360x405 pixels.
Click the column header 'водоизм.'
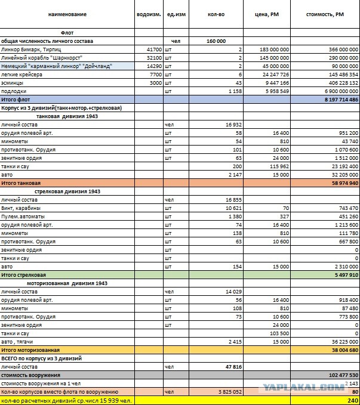(149, 14)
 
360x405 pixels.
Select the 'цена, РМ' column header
(267, 14)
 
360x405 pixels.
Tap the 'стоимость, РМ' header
(325, 14)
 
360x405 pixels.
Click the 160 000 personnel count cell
(216, 41)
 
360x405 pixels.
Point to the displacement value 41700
(154, 50)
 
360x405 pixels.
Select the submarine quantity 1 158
(235, 91)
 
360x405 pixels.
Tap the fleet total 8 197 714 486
(341, 100)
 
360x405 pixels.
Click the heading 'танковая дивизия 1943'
(67, 116)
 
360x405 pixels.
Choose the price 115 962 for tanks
(279, 166)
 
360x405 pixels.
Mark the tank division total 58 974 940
(345, 183)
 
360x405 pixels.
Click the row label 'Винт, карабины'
(21, 208)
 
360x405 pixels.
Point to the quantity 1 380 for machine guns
(235, 217)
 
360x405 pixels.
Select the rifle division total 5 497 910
(346, 275)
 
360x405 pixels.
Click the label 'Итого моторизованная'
(30, 350)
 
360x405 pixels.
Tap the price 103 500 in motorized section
(279, 333)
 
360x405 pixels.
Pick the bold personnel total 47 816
(233, 367)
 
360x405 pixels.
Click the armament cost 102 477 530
(343, 375)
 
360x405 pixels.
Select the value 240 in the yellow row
(353, 401)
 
